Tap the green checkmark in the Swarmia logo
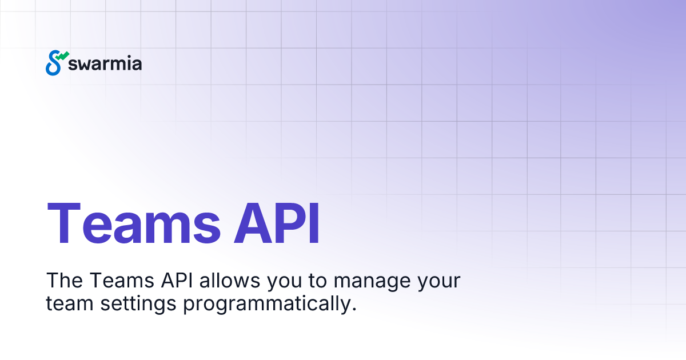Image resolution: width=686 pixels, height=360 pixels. (63, 56)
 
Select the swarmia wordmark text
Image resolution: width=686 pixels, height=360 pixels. (105, 64)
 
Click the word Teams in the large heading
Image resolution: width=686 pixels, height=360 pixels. (133, 223)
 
